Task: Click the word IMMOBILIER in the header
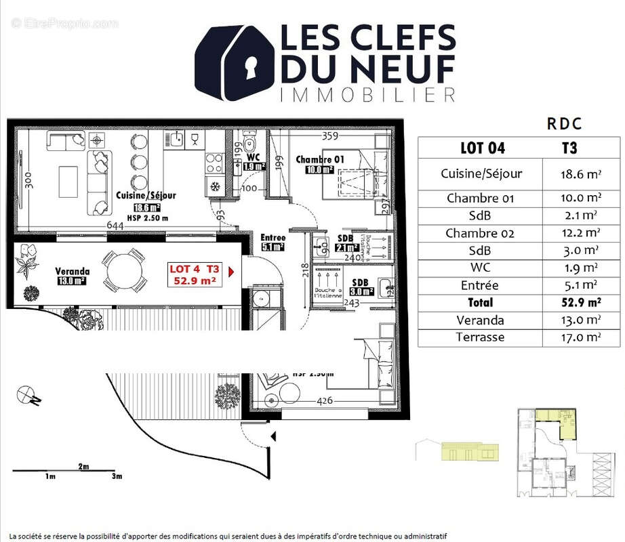point(367,94)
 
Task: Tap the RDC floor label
point(564,125)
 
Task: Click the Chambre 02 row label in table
point(480,233)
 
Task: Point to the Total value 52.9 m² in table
point(577,302)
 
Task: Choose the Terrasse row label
point(480,337)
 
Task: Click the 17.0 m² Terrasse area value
point(577,337)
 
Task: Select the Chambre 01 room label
point(319,160)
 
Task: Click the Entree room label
point(273,238)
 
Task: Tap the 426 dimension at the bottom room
point(326,401)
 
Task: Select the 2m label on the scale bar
point(83,467)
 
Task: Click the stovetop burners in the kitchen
point(214,163)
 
